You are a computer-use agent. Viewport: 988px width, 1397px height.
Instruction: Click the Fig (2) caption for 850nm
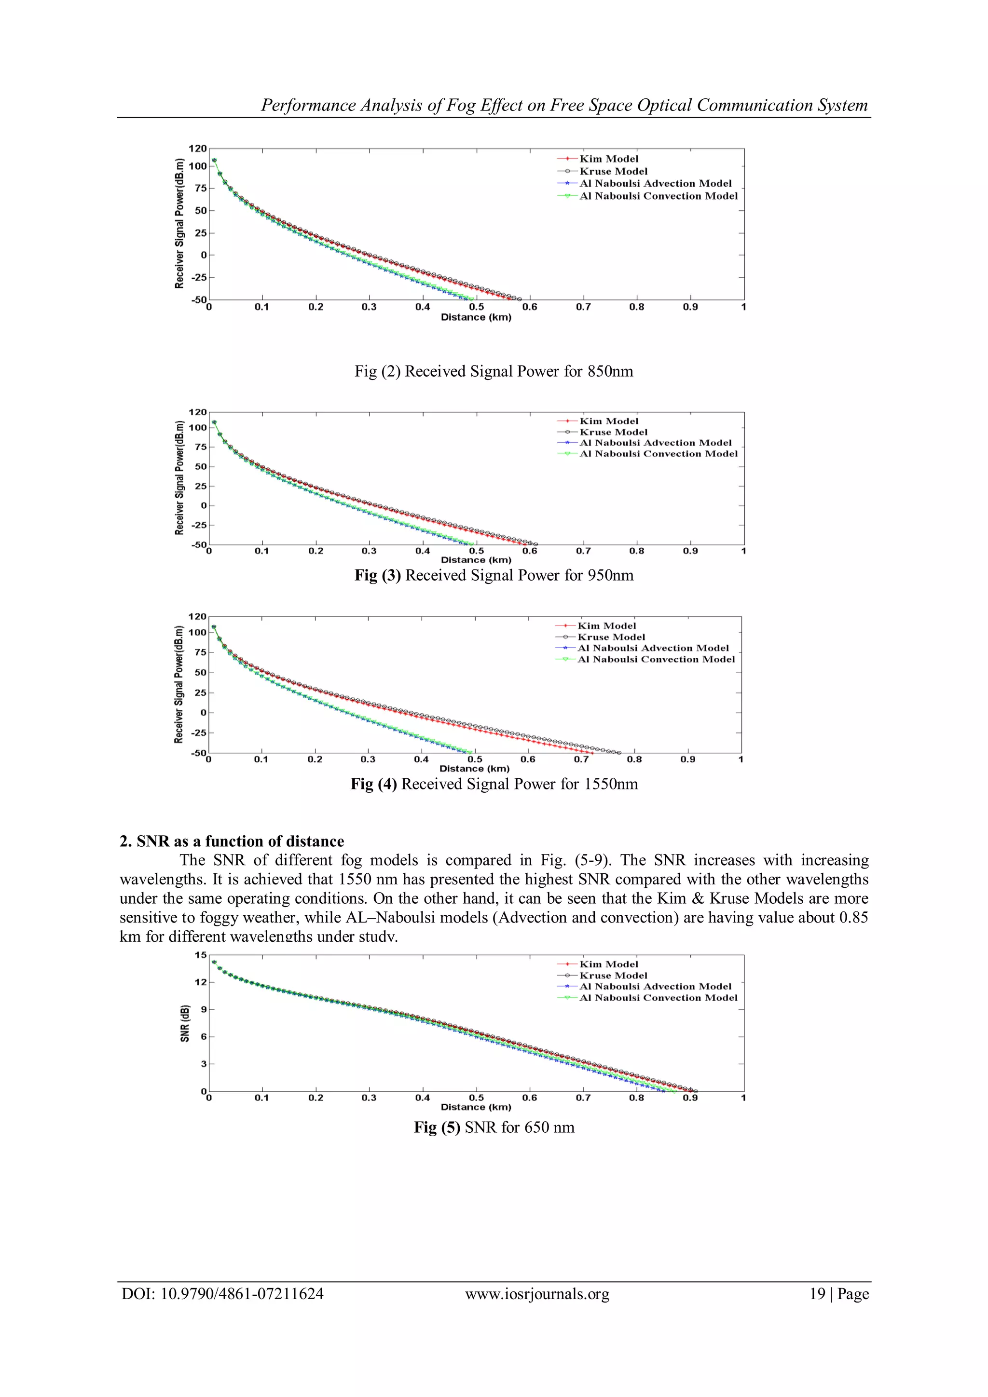[x=494, y=372]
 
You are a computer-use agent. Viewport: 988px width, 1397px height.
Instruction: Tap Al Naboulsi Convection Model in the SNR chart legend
[x=658, y=998]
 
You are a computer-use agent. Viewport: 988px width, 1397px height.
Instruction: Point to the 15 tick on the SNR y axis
[x=200, y=955]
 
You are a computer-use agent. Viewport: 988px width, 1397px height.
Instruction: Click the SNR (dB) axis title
[x=184, y=1023]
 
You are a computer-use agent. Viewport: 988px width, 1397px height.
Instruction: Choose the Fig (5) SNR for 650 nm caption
[x=494, y=1127]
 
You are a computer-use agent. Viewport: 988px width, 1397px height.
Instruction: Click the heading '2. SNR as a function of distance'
[x=232, y=841]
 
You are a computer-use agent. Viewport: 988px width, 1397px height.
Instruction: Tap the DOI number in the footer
[x=222, y=1294]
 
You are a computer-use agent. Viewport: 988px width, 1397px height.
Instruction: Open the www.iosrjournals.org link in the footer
[x=537, y=1294]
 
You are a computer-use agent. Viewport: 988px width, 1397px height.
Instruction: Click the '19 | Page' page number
[x=839, y=1294]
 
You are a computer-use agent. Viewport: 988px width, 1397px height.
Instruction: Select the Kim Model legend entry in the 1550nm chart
[x=606, y=625]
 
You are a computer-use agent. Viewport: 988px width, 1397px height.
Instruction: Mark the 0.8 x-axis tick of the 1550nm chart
[x=634, y=760]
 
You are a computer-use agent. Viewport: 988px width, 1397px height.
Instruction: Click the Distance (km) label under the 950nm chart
[x=476, y=560]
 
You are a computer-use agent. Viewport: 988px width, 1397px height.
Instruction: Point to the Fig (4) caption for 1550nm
[x=494, y=784]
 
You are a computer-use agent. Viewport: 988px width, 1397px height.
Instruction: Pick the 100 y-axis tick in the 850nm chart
[x=197, y=166]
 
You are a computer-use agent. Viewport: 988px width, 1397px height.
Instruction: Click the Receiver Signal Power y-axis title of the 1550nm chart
[x=179, y=684]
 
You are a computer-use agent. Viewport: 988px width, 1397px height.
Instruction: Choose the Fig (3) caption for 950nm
[x=494, y=576]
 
